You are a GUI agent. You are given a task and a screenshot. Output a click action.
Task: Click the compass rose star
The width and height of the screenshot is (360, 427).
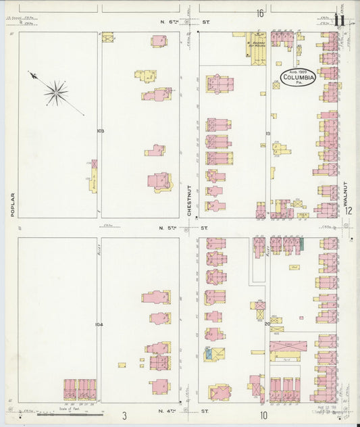click(57, 93)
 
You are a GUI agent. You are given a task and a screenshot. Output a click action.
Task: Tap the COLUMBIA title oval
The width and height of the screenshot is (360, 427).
click(298, 78)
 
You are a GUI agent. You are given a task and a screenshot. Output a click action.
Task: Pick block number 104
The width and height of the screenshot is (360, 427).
click(99, 324)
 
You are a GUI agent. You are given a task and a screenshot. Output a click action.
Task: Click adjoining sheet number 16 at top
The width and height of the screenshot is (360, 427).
click(259, 13)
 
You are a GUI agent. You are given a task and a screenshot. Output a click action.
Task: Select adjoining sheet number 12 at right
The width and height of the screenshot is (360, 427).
click(348, 210)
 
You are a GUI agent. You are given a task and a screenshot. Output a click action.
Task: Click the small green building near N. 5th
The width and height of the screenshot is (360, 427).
click(301, 242)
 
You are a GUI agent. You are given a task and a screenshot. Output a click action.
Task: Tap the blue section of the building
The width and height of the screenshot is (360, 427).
click(209, 353)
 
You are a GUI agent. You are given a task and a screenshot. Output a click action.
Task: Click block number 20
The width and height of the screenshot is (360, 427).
click(267, 324)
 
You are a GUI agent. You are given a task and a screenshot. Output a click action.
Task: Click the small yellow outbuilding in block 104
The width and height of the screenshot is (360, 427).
click(122, 365)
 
